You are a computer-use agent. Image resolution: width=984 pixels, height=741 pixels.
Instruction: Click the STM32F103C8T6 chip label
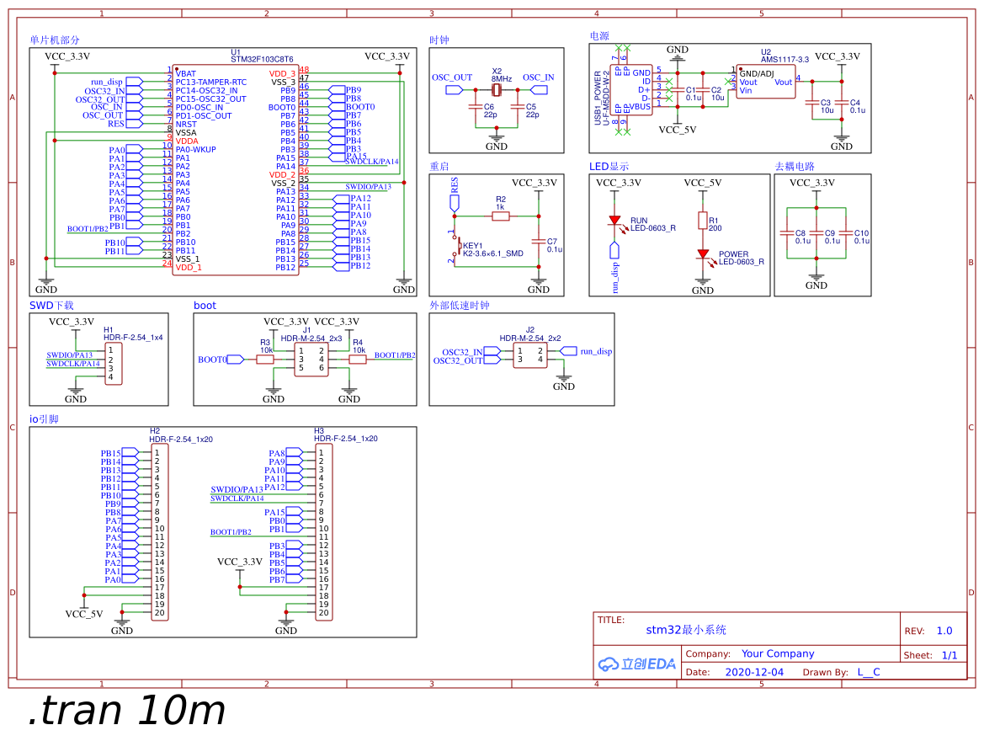tap(262, 60)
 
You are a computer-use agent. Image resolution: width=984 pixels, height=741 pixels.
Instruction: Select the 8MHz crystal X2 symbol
tap(497, 89)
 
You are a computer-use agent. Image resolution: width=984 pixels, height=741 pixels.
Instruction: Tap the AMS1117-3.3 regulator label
tap(785, 60)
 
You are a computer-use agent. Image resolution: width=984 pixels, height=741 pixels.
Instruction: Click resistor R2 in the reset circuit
tap(501, 216)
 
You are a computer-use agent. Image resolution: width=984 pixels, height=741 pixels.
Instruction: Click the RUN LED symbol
tap(614, 221)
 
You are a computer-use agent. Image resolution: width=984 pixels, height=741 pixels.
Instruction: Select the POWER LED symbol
tap(703, 254)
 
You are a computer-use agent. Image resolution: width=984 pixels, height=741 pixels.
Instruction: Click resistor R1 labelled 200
tap(703, 221)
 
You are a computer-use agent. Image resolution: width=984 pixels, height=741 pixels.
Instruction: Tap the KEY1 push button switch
tap(455, 247)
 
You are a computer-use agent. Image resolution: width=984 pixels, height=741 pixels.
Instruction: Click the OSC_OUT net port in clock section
tap(454, 89)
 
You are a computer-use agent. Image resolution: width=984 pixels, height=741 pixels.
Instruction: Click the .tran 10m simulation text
tap(127, 712)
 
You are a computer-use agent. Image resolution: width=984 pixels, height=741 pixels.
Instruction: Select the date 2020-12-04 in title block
tap(753, 672)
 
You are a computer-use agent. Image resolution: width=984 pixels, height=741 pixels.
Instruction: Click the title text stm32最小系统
tap(685, 630)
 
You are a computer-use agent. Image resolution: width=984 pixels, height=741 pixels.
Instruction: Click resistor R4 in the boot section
tap(358, 360)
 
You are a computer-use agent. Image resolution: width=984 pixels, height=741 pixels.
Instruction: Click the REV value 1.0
tap(944, 631)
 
